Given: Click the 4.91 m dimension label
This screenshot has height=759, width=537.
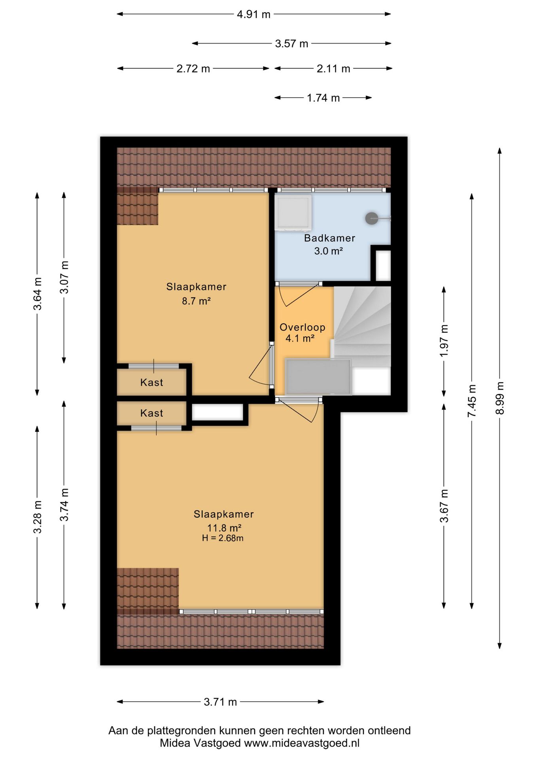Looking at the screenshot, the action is click(x=253, y=15).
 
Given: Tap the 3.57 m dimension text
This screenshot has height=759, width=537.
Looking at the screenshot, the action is click(x=291, y=43).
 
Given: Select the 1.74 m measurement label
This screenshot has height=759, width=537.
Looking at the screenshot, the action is click(x=323, y=98).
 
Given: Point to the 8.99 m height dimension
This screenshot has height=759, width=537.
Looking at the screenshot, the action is click(x=500, y=398).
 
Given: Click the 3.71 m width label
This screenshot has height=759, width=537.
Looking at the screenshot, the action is click(x=220, y=702).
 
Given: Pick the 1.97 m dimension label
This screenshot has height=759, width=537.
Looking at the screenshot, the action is click(x=444, y=340).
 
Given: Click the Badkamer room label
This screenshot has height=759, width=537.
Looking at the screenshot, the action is click(x=329, y=238).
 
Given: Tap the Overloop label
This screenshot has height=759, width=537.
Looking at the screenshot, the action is click(x=303, y=327).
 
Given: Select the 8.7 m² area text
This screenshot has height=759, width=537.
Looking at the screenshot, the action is click(x=196, y=301).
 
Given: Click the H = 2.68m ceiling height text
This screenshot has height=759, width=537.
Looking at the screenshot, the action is click(x=223, y=538).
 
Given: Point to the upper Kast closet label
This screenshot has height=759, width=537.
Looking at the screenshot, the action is click(x=151, y=382).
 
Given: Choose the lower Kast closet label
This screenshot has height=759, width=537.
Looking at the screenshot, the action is click(x=151, y=413).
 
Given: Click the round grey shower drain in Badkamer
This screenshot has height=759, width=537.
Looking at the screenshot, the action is click(x=371, y=218).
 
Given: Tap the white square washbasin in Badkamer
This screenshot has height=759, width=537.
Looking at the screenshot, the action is click(x=293, y=212).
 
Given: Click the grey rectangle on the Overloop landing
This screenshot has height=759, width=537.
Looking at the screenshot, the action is click(x=318, y=377).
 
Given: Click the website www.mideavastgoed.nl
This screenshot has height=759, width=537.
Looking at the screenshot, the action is click(x=302, y=743).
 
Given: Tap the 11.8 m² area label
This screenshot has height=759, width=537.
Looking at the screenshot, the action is click(x=224, y=528).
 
